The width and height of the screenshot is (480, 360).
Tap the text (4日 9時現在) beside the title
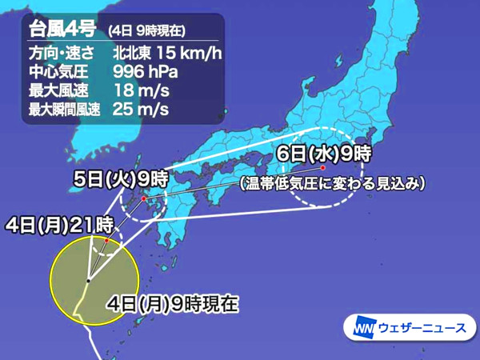point(146,32)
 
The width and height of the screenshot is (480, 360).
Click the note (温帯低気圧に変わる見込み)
point(332,183)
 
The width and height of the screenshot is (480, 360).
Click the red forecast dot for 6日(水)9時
point(322,169)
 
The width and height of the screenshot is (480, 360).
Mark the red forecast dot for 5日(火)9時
point(144,198)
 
